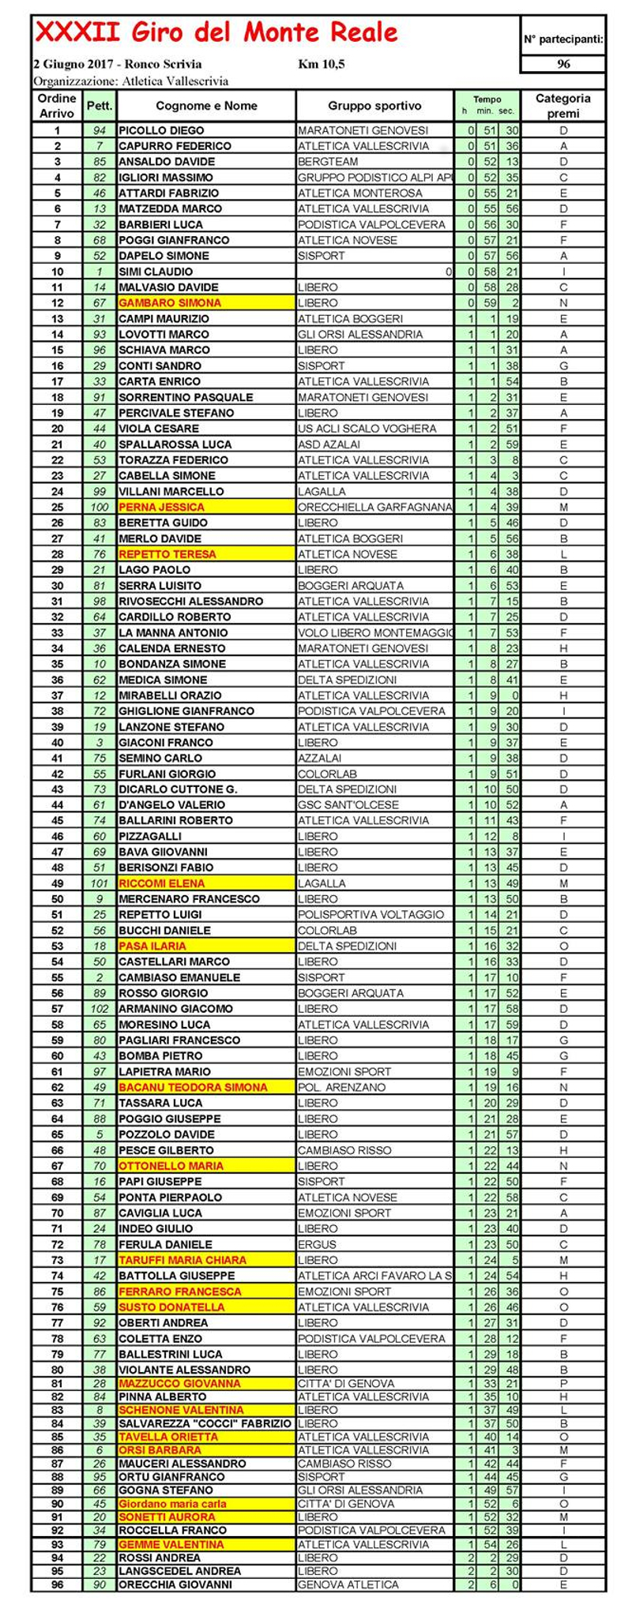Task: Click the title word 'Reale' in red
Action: click(359, 32)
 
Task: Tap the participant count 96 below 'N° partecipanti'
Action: click(563, 64)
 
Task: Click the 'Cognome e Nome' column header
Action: click(206, 106)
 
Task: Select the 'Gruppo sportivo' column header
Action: click(374, 106)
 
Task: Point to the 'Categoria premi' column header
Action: click(562, 106)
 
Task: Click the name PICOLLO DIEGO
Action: click(161, 130)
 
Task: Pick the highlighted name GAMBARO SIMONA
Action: click(170, 302)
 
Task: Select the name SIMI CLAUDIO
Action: click(156, 272)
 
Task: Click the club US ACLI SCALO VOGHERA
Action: click(367, 429)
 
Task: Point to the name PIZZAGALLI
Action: click(150, 836)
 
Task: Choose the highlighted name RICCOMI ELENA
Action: click(161, 883)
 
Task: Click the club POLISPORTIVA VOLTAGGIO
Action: click(371, 914)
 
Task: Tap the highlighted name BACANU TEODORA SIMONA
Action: click(193, 1087)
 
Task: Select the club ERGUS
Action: click(317, 1244)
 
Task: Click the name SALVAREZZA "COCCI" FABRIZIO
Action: click(205, 1423)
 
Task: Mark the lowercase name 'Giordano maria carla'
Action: click(172, 1504)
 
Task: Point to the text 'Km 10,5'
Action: click(322, 64)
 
